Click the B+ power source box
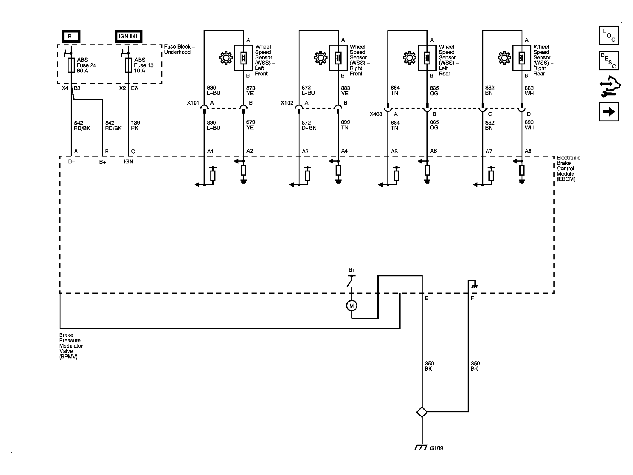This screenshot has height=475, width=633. [71, 36]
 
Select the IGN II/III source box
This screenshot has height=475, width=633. [128, 36]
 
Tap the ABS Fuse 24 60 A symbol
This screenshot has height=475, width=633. [71, 65]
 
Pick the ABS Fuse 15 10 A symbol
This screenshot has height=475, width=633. [128, 65]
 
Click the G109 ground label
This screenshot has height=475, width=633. [436, 457]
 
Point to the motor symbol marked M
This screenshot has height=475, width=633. [352, 306]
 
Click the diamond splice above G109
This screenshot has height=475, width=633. [422, 412]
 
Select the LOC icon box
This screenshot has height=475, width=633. [609, 35]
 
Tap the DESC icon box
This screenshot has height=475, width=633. [609, 61]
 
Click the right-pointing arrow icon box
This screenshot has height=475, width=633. [609, 112]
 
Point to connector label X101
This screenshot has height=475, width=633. [193, 103]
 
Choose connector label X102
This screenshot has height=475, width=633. [287, 103]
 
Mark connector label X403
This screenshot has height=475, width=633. [376, 114]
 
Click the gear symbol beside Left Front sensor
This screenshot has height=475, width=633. [226, 58]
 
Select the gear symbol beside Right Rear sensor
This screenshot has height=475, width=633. [504, 58]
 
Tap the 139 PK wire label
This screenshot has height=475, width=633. [136, 126]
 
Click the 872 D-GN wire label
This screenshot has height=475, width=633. [309, 125]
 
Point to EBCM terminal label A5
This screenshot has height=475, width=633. [394, 151]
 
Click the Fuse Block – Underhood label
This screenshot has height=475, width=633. [179, 49]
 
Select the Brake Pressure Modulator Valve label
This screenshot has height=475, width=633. [71, 346]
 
